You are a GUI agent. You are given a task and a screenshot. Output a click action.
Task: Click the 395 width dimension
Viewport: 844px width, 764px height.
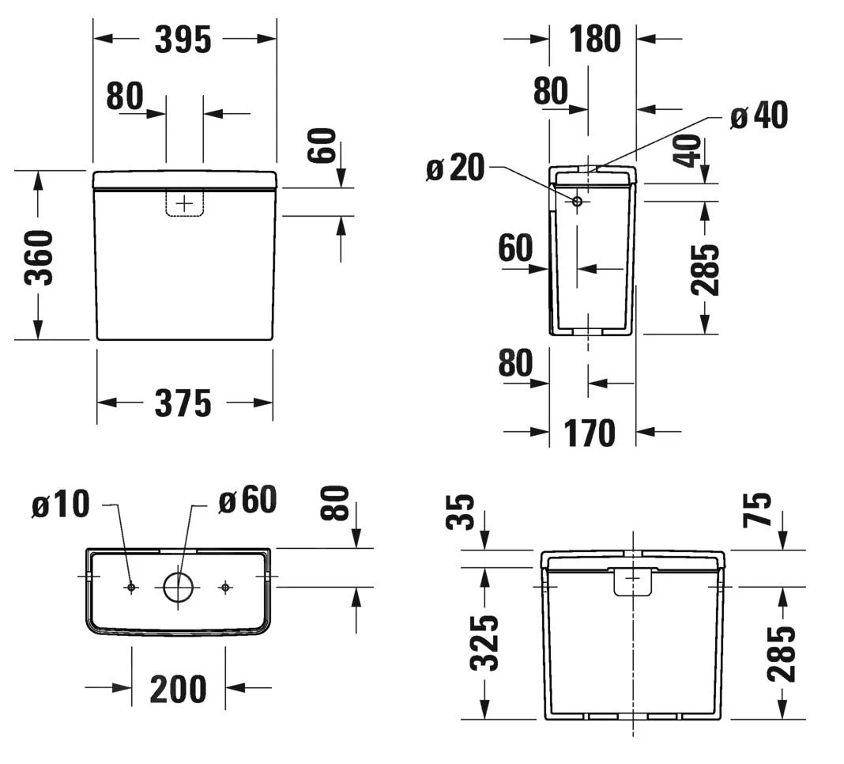[x=183, y=40]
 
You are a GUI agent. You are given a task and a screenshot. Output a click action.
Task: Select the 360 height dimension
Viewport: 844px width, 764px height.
[x=38, y=257]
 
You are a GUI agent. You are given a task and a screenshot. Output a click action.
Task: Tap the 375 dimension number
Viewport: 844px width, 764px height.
[x=183, y=403]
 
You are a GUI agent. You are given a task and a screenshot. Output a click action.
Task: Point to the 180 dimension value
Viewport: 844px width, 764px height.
[x=594, y=39]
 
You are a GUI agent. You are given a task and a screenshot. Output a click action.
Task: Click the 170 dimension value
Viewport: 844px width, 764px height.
[x=589, y=433]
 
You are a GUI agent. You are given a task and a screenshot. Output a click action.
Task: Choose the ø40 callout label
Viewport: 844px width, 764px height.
[x=758, y=116]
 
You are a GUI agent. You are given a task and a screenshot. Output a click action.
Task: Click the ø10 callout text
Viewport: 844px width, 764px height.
[x=61, y=505]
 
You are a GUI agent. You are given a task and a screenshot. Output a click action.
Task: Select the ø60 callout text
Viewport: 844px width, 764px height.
[x=247, y=500]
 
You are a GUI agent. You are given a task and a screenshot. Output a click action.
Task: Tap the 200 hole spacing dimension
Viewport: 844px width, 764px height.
[x=178, y=689]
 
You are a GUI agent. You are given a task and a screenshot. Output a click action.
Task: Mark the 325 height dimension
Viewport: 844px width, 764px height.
[x=484, y=642]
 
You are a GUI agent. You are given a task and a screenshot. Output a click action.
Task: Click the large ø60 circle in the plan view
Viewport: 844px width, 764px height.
[x=178, y=587]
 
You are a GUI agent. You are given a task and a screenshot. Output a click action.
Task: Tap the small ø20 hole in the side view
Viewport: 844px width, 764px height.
[x=577, y=202]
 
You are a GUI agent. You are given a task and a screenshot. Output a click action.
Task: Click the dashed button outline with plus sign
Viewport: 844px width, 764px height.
[x=184, y=203]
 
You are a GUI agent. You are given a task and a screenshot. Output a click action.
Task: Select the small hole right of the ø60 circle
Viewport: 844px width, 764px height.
[x=225, y=587]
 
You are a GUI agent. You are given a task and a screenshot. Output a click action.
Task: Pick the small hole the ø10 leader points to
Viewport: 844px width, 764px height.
[x=131, y=587]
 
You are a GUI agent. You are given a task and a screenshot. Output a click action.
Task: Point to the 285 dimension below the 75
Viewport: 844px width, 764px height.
[x=781, y=652]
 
